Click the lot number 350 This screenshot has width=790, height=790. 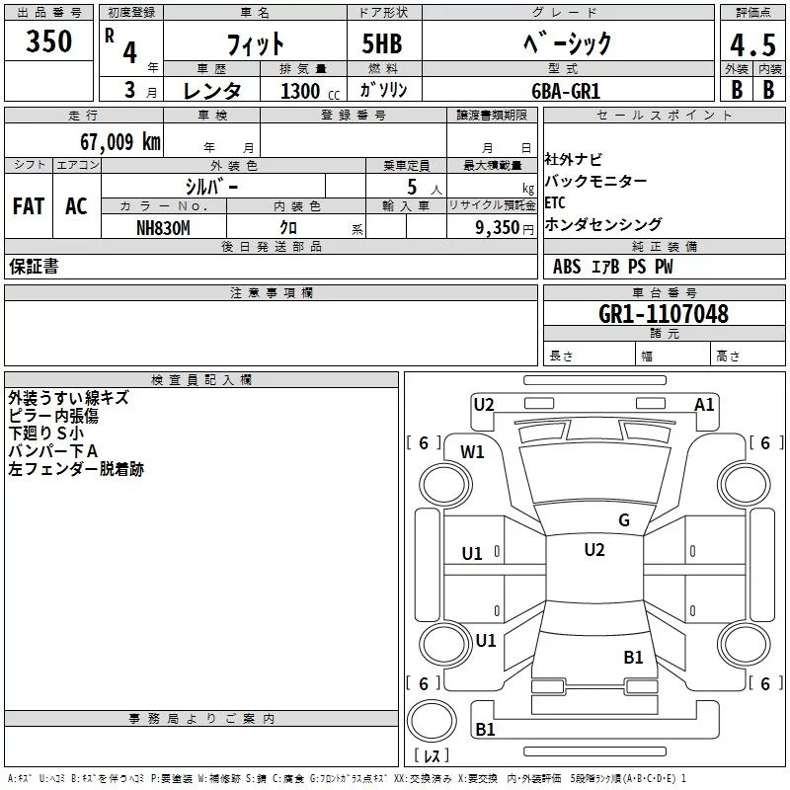[x=49, y=41]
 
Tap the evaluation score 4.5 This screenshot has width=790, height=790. [x=751, y=44]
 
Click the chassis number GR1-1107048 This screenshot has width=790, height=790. [x=664, y=314]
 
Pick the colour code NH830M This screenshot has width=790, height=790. [x=163, y=227]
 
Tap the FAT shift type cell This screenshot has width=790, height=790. [x=28, y=206]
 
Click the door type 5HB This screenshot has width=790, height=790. [x=382, y=43]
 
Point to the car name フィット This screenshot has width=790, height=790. [x=256, y=44]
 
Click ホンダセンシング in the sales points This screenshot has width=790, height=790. [x=603, y=224]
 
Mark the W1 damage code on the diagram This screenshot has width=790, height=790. [x=472, y=452]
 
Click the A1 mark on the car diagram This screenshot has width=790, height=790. [x=704, y=404]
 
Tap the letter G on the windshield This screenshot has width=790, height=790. [x=623, y=520]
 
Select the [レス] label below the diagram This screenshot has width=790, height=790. [x=432, y=756]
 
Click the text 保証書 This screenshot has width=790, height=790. [x=34, y=267]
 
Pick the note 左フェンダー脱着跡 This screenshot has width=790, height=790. [x=76, y=470]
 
